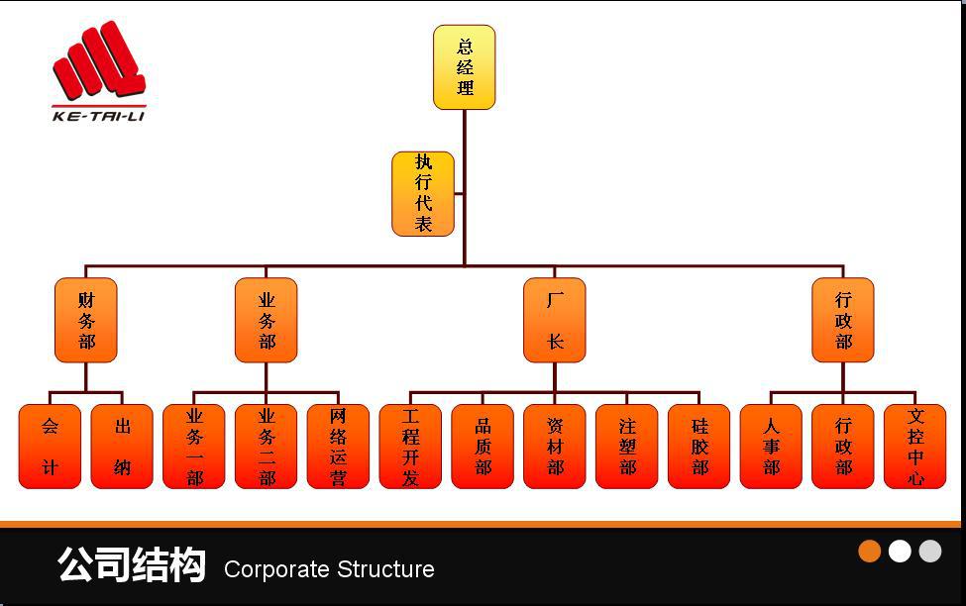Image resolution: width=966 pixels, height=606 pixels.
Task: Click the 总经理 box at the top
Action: [x=464, y=67]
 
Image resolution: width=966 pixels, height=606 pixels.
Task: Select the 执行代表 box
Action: [x=423, y=194]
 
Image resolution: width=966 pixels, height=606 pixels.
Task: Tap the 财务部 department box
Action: [x=86, y=320]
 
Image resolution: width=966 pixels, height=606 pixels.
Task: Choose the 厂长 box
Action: [x=555, y=320]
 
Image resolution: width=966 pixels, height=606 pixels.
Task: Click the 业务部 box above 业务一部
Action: [x=267, y=320]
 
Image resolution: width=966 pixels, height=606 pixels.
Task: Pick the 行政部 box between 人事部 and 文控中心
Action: [x=843, y=447]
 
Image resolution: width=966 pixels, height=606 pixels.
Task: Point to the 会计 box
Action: [x=50, y=447]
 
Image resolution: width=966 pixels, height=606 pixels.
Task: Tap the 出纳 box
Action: [x=122, y=447]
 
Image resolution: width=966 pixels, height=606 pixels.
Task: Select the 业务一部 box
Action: [x=194, y=447]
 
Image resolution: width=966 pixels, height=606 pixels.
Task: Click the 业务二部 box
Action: [x=267, y=447]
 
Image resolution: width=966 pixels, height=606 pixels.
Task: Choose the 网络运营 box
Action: [x=338, y=447]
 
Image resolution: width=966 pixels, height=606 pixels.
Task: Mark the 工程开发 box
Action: [x=410, y=447]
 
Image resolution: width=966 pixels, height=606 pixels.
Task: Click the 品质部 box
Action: [x=483, y=447]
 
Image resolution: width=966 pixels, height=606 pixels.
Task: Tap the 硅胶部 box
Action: [x=699, y=447]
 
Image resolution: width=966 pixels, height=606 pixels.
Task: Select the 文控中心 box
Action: [x=915, y=447]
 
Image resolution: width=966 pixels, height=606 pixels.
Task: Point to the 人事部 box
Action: [x=771, y=447]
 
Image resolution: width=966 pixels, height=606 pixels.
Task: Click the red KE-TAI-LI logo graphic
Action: [x=99, y=64]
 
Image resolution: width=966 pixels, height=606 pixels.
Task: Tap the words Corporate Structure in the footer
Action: [x=329, y=569]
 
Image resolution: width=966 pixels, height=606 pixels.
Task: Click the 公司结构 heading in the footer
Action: [x=132, y=565]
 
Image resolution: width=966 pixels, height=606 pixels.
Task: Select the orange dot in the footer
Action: [x=870, y=552]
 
